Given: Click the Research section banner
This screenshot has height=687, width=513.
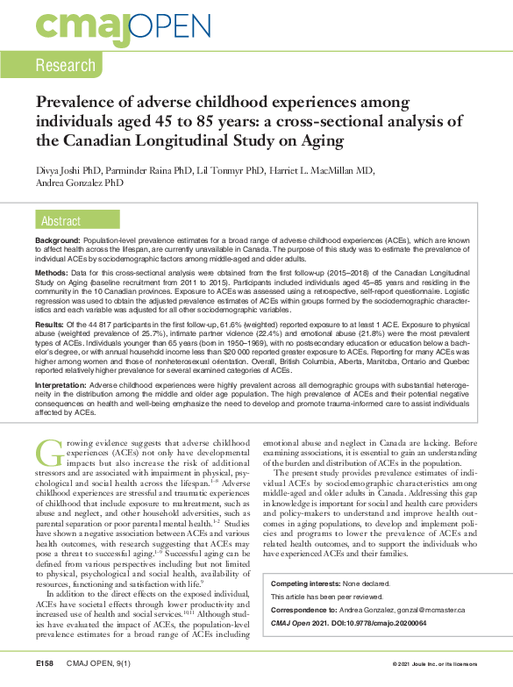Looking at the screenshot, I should click(x=66, y=65).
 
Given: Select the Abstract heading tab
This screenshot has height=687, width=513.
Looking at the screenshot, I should click(x=61, y=221).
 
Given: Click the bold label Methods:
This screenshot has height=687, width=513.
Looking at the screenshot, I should click(x=53, y=274).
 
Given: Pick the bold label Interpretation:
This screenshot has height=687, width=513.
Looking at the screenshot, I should click(x=66, y=384).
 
